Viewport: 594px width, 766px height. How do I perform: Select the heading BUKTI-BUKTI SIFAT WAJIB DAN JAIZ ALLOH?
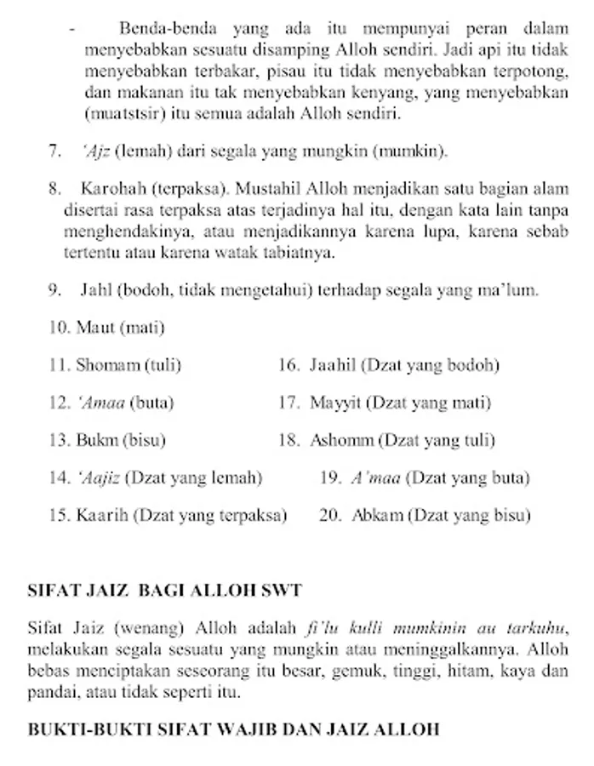click(233, 729)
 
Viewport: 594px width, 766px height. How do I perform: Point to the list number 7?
click(54, 151)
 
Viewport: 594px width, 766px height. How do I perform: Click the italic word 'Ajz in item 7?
click(97, 151)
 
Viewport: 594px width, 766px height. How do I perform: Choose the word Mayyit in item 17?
click(335, 403)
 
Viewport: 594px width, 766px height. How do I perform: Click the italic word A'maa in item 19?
click(375, 478)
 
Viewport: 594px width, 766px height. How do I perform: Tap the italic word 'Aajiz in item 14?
click(100, 478)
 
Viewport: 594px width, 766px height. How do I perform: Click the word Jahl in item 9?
click(96, 290)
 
